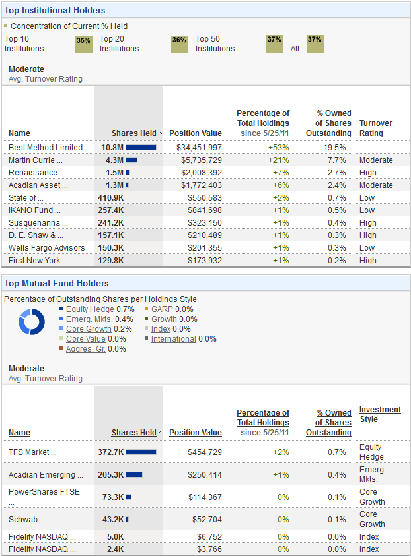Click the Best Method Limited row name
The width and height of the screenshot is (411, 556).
pyautogui.click(x=46, y=148)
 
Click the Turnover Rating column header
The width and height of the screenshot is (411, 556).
pyautogui.click(x=375, y=128)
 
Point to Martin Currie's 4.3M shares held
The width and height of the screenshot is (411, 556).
pyautogui.click(x=114, y=160)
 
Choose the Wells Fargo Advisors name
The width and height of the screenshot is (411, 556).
pyautogui.click(x=46, y=248)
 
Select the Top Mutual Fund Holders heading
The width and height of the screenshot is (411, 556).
pyautogui.click(x=56, y=284)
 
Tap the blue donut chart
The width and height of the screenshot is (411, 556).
pyautogui.click(x=31, y=323)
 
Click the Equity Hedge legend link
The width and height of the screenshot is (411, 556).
pyautogui.click(x=90, y=309)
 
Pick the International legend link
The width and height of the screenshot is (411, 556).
pyautogui.click(x=173, y=339)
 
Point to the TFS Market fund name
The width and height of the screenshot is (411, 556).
pyautogui.click(x=32, y=452)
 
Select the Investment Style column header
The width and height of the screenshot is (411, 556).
pyautogui.click(x=380, y=414)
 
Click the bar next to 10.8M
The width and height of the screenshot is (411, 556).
pyautogui.click(x=141, y=148)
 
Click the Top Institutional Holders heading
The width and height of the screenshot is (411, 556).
pyautogui.click(x=55, y=11)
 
